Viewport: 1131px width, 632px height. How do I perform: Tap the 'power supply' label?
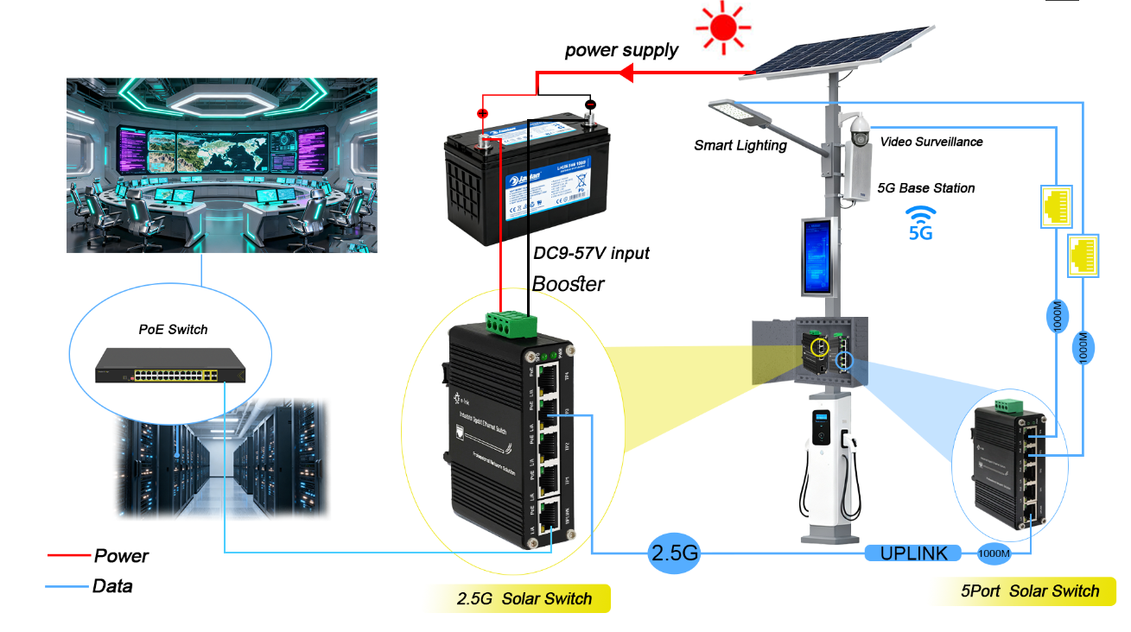point(621,50)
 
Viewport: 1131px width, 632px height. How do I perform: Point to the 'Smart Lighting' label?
point(740,145)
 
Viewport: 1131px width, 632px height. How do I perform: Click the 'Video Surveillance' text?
point(931,142)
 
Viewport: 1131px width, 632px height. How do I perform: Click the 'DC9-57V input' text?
point(591,253)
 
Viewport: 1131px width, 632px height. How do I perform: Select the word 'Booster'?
point(568,283)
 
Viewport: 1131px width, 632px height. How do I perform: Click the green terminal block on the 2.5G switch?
point(511,324)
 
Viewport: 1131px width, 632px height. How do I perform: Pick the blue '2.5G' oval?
point(673,553)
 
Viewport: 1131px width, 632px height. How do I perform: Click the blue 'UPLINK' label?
point(913,553)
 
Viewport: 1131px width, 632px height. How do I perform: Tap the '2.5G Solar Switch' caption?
point(524,598)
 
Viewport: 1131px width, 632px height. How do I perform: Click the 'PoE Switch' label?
point(173,329)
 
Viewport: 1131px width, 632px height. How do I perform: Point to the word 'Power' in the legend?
point(121,556)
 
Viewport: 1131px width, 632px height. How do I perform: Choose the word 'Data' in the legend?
point(112,586)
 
